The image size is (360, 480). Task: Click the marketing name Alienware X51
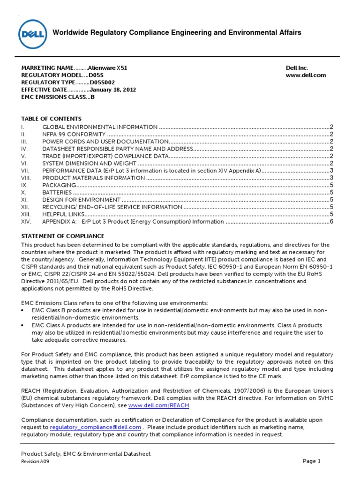point(107,68)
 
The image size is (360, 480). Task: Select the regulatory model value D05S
point(96,75)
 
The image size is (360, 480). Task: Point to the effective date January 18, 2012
point(112,89)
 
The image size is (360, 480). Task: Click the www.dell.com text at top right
point(306,75)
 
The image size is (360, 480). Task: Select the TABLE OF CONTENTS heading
point(52,119)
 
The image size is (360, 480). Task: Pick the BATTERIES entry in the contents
point(57,192)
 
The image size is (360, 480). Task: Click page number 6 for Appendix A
point(331,221)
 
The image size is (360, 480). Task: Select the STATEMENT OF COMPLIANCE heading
point(63,236)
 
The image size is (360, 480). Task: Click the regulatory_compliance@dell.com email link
point(95,427)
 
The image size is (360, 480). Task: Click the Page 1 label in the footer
point(311,461)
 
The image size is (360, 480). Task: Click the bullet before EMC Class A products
point(24,325)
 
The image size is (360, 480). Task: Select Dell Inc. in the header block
point(297,68)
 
